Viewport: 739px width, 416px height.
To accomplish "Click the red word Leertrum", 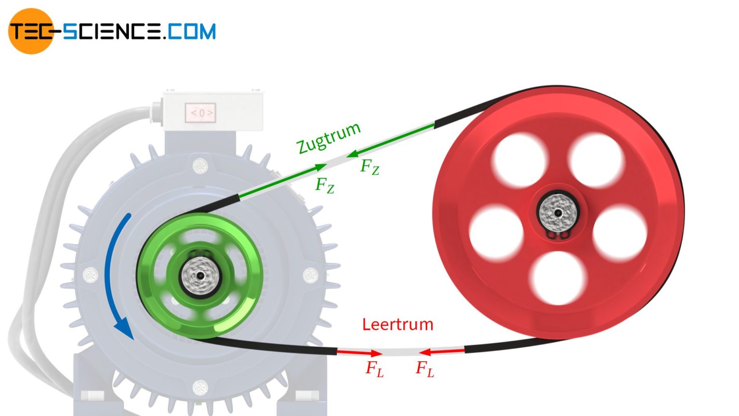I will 397,325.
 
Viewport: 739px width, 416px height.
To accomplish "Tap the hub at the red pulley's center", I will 558,212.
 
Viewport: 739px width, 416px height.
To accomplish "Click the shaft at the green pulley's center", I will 200,276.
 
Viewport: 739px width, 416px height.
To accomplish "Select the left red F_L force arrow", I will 358,352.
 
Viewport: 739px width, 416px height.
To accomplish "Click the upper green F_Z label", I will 370,167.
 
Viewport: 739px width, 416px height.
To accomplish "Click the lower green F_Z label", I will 325,185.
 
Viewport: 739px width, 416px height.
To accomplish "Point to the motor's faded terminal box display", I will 201,113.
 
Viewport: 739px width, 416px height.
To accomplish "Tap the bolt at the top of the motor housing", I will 200,167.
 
